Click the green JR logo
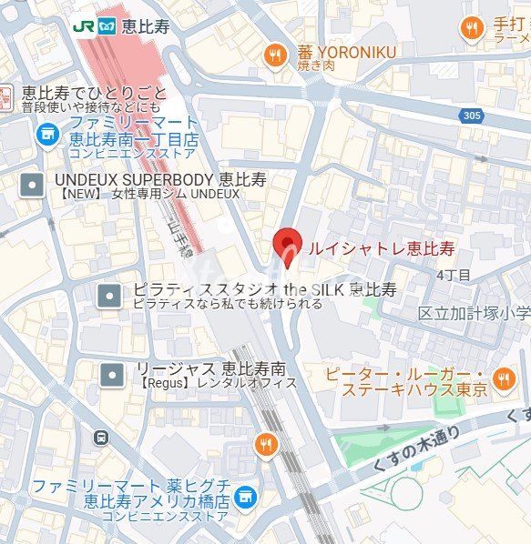83,26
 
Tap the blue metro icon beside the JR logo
108,26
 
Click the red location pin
288,246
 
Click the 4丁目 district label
453,274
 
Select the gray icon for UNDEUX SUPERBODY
33,185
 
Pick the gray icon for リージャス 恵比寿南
112,373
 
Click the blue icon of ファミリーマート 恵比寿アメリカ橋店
244,497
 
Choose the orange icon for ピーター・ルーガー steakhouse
503,378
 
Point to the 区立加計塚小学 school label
474,313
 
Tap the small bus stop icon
100,438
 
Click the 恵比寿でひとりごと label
95,93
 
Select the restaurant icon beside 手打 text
471,30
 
